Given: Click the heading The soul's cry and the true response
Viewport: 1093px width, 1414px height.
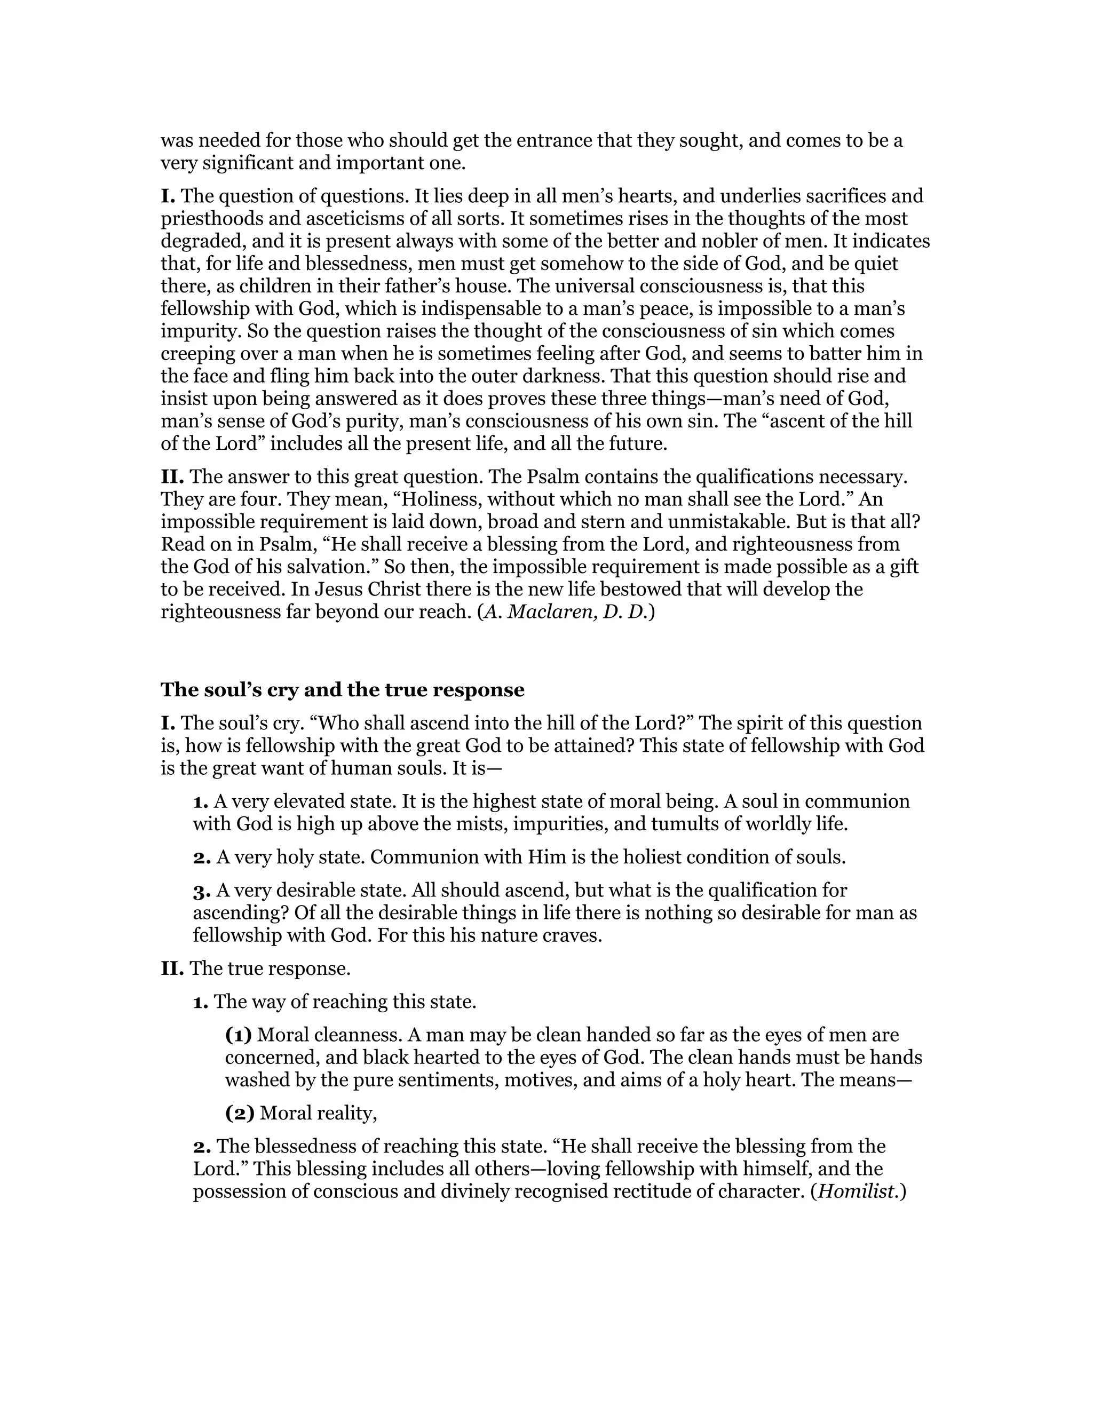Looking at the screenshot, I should tap(342, 690).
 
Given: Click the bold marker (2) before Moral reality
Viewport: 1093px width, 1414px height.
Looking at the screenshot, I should tap(240, 1114).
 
